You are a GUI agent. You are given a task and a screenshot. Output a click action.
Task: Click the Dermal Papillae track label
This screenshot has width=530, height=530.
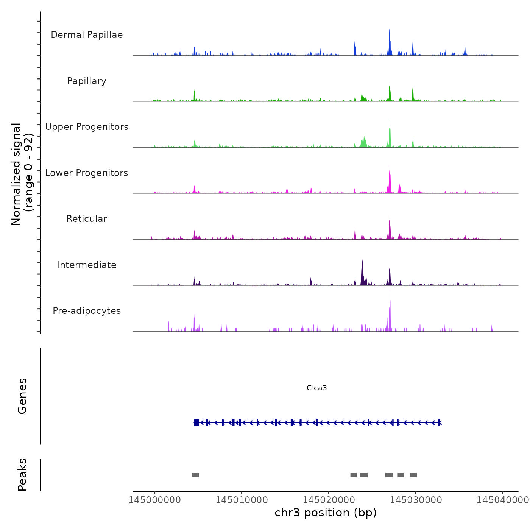pyautogui.click(x=87, y=35)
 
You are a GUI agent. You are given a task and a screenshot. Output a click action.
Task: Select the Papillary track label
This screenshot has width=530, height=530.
pyautogui.click(x=87, y=81)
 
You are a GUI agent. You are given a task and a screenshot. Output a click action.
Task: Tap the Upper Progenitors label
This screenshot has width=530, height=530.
pyautogui.click(x=87, y=127)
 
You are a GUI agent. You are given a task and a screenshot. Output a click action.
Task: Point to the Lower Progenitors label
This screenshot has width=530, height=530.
pyautogui.click(x=87, y=173)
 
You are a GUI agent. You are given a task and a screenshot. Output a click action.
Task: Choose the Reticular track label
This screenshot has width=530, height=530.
pyautogui.click(x=87, y=219)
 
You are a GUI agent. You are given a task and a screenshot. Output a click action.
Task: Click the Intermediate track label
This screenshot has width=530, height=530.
pyautogui.click(x=87, y=265)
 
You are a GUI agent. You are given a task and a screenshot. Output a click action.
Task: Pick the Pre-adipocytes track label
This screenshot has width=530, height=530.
pyautogui.click(x=87, y=311)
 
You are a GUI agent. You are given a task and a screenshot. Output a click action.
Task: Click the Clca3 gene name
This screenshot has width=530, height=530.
pyautogui.click(x=316, y=388)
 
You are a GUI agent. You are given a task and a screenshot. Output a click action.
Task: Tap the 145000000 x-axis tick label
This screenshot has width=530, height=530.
pyautogui.click(x=154, y=500)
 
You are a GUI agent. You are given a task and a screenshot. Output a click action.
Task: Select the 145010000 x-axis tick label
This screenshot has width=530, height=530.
pyautogui.click(x=242, y=500)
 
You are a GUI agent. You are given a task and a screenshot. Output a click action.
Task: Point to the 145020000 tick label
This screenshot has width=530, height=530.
pyautogui.click(x=329, y=500)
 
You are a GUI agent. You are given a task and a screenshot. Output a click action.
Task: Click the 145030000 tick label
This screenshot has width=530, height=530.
pyautogui.click(x=416, y=500)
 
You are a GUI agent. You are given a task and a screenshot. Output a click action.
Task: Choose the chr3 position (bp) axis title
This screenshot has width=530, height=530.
pyautogui.click(x=326, y=513)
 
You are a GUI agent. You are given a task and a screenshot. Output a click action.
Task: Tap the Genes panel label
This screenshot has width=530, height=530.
pyautogui.click(x=22, y=396)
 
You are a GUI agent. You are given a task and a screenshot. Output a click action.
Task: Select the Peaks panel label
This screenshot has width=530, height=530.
pyautogui.click(x=22, y=475)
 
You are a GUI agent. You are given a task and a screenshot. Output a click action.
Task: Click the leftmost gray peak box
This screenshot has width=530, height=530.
pyautogui.click(x=195, y=475)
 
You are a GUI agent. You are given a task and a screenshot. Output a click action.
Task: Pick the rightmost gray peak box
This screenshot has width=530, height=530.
pyautogui.click(x=413, y=475)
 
